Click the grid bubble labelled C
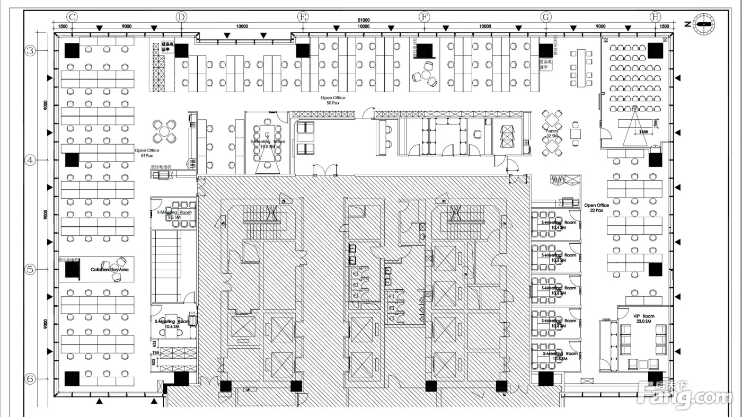coord(72,17)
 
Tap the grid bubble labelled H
coord(656,17)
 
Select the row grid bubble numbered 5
coord(31,269)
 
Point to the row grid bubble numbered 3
coord(31,51)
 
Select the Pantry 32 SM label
coord(552,134)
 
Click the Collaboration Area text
coord(109,270)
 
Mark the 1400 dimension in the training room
coord(643,131)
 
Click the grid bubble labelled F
coord(425,17)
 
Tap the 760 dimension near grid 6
coord(156,352)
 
